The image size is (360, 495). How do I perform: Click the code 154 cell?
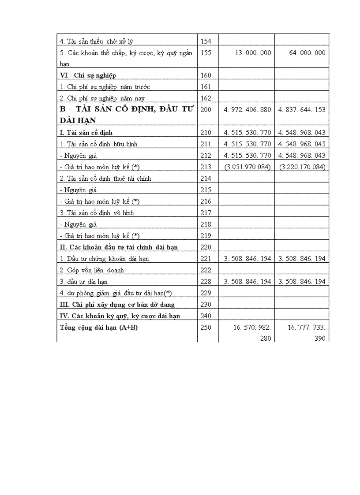pyautogui.click(x=206, y=41)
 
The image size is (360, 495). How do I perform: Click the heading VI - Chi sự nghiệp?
pyautogui.click(x=88, y=75)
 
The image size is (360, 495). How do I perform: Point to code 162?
pyautogui.click(x=206, y=98)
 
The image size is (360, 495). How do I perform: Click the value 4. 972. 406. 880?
pyautogui.click(x=247, y=110)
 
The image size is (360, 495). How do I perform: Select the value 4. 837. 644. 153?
pyautogui.click(x=302, y=110)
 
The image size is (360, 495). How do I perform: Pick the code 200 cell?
pyautogui.click(x=206, y=110)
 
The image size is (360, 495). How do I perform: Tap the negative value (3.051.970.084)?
pyautogui.click(x=247, y=167)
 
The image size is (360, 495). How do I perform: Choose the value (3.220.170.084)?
pyautogui.click(x=302, y=167)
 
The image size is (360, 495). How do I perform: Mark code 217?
pyautogui.click(x=206, y=213)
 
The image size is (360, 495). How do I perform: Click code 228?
pyautogui.click(x=206, y=282)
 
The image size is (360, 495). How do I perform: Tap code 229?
pyautogui.click(x=206, y=293)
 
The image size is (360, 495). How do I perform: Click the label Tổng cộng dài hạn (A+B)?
pyautogui.click(x=98, y=328)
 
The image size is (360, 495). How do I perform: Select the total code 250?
pyautogui.click(x=206, y=328)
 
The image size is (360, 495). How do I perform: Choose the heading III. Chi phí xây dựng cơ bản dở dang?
pyautogui.click(x=117, y=305)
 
